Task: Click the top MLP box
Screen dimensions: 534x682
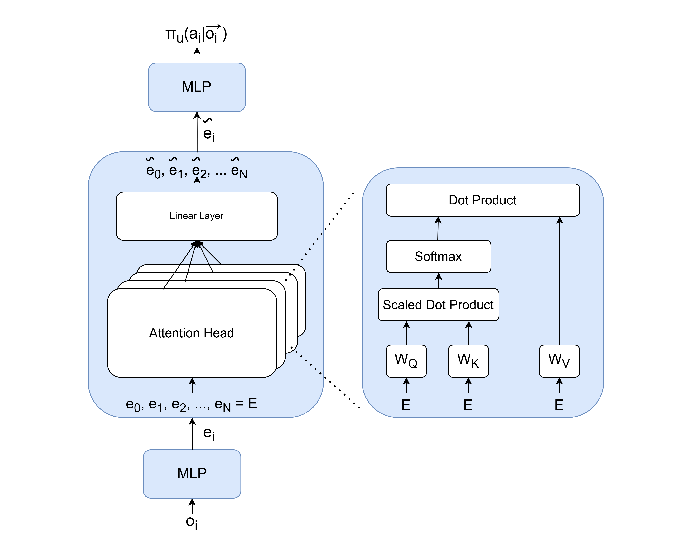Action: (x=197, y=87)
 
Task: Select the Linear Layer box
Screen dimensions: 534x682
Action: (x=197, y=216)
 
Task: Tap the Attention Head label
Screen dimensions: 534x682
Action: (x=191, y=333)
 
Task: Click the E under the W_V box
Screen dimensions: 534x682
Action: (x=559, y=405)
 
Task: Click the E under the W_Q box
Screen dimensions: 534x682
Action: (x=406, y=405)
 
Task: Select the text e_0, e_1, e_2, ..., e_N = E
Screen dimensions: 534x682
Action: (x=191, y=404)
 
